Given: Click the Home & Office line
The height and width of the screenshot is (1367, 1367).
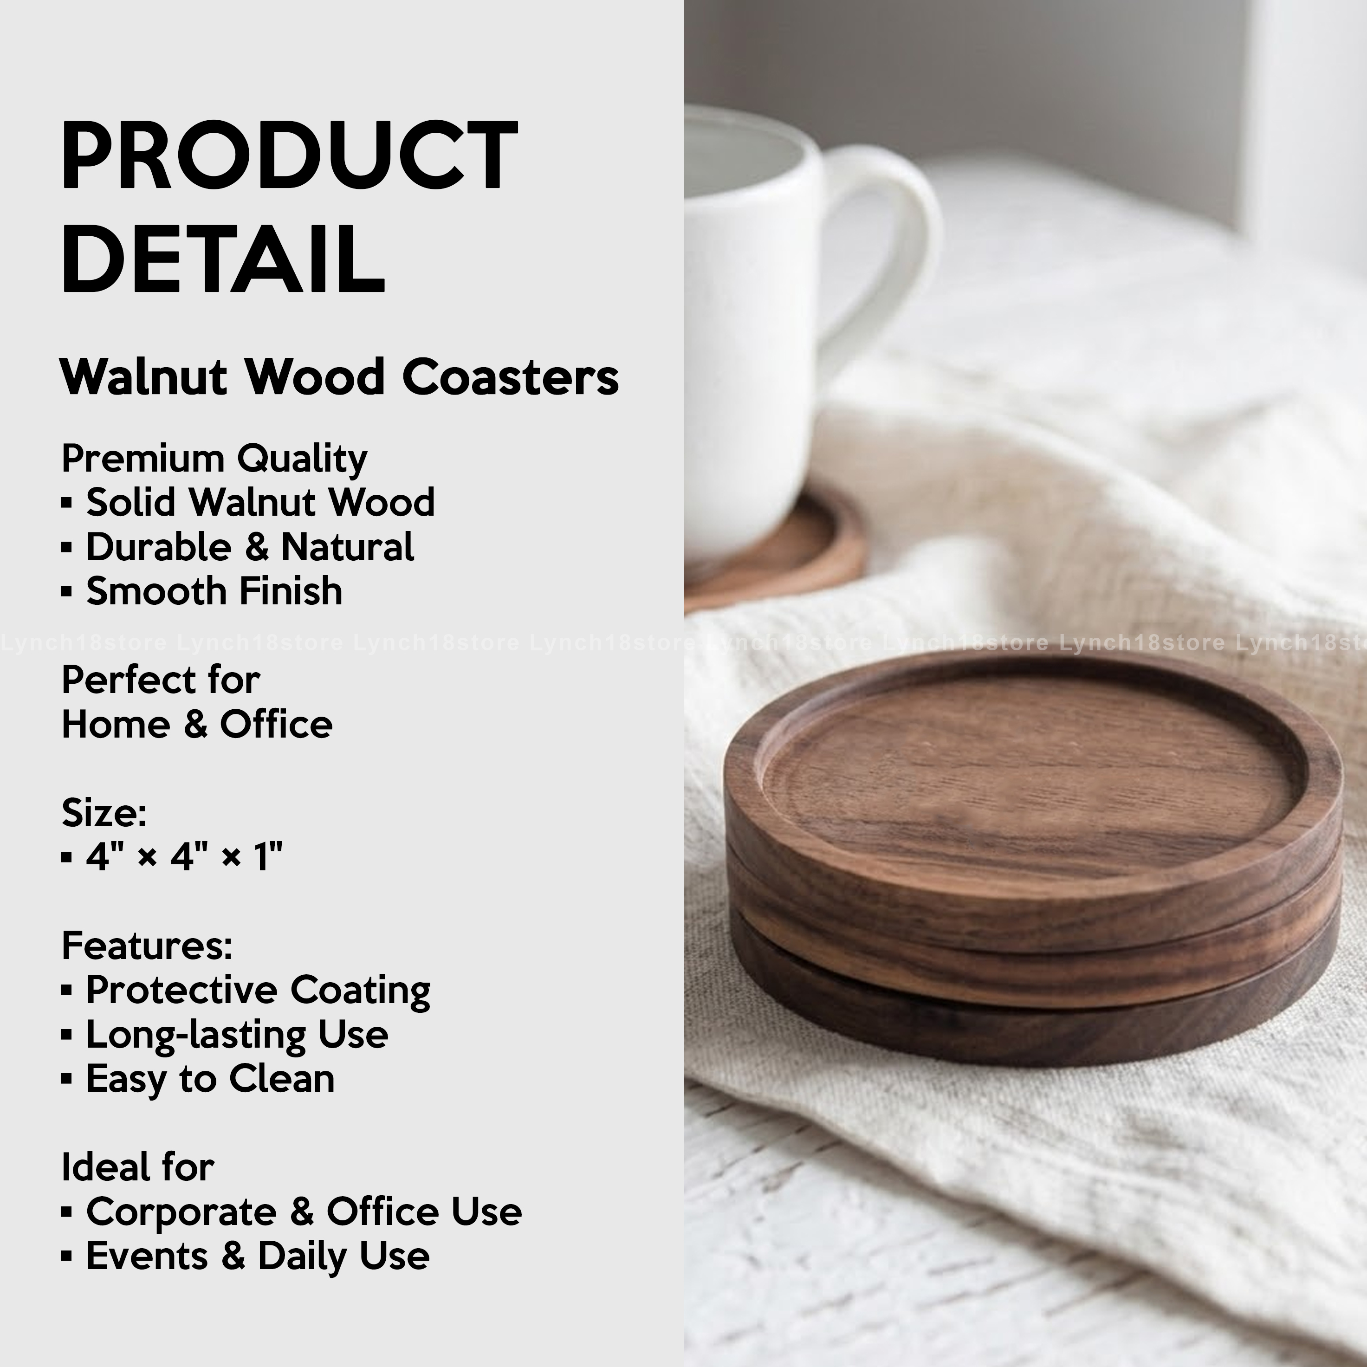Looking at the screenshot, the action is pyautogui.click(x=197, y=725).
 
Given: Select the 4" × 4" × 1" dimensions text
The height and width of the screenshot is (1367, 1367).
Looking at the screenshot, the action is pyautogui.click(x=184, y=857).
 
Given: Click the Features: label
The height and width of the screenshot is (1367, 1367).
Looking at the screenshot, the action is pyautogui.click(x=147, y=946).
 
